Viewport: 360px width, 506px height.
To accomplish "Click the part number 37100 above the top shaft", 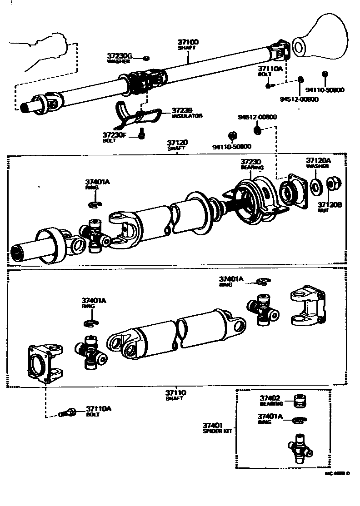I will [188, 42].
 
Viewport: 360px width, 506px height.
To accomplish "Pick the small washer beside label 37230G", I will [146, 58].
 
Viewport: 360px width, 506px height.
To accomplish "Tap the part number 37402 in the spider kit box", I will [270, 398].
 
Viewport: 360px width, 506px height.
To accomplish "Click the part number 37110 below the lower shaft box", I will [175, 393].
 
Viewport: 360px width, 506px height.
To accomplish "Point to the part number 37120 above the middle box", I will [177, 143].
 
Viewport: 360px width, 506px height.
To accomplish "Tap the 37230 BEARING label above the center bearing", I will [252, 164].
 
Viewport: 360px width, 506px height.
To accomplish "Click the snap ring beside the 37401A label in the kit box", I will [298, 420].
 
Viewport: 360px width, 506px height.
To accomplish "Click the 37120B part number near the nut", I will [330, 205].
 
